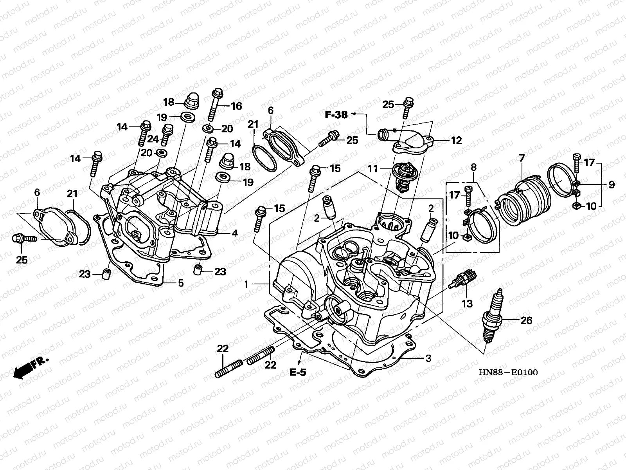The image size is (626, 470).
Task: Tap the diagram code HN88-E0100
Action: [x=508, y=372]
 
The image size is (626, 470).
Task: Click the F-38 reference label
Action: [x=336, y=115]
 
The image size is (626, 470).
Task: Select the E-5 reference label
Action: [x=298, y=372]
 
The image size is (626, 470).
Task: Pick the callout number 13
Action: [x=467, y=304]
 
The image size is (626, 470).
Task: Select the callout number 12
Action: [x=456, y=140]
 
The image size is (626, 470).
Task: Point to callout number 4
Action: [x=234, y=234]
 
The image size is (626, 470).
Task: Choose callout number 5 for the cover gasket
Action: [x=180, y=283]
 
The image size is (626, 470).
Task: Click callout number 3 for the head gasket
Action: [x=428, y=358]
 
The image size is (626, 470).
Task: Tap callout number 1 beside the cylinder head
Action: [x=246, y=285]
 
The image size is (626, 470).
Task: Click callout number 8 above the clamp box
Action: [x=473, y=168]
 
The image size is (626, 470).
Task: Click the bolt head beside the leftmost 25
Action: [x=18, y=238]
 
